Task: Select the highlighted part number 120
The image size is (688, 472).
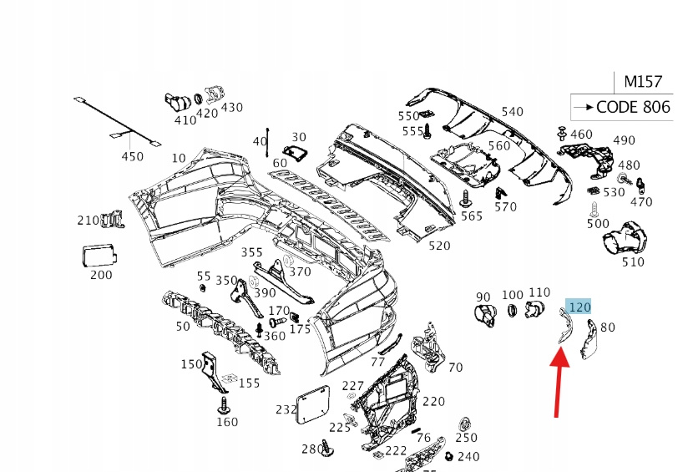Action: pyautogui.click(x=579, y=307)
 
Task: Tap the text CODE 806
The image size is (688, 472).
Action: pyautogui.click(x=633, y=107)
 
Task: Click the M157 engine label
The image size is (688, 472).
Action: pyautogui.click(x=643, y=82)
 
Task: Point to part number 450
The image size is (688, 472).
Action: pyautogui.click(x=133, y=156)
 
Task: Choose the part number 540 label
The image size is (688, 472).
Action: pyautogui.click(x=512, y=111)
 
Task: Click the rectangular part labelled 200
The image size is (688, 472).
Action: pyautogui.click(x=100, y=253)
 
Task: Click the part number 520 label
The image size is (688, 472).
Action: pyautogui.click(x=438, y=246)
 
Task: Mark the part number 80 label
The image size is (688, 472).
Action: pyautogui.click(x=607, y=327)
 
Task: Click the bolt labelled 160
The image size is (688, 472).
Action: pyautogui.click(x=224, y=407)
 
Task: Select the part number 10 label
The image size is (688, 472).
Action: pyautogui.click(x=179, y=157)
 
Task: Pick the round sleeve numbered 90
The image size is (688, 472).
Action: pyautogui.click(x=483, y=314)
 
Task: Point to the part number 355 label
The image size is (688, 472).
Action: pyautogui.click(x=252, y=252)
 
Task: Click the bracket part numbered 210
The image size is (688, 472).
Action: pyautogui.click(x=110, y=220)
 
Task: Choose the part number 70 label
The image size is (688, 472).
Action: pyautogui.click(x=455, y=367)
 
